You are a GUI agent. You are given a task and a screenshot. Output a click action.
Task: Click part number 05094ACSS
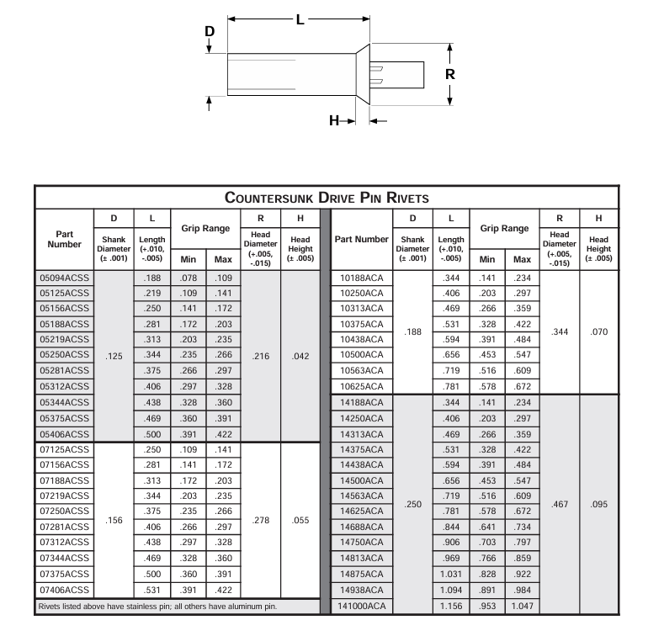(65, 278)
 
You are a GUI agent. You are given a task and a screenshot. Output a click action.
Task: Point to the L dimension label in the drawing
(300, 18)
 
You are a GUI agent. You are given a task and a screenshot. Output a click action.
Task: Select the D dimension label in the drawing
(210, 31)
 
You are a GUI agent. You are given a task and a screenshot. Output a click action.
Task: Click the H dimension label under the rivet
(333, 120)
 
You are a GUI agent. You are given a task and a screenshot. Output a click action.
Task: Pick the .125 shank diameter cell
(114, 356)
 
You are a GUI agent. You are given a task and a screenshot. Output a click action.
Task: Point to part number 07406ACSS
(65, 589)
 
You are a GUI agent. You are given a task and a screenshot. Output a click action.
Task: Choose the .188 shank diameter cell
(412, 332)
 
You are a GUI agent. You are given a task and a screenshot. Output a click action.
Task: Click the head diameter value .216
(261, 356)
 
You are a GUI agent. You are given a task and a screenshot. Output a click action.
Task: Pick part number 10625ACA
(362, 386)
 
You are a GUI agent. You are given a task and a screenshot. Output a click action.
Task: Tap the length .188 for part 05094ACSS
(151, 278)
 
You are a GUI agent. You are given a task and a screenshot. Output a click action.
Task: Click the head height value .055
(299, 520)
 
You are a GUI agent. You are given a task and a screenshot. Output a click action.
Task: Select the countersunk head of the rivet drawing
(363, 74)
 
